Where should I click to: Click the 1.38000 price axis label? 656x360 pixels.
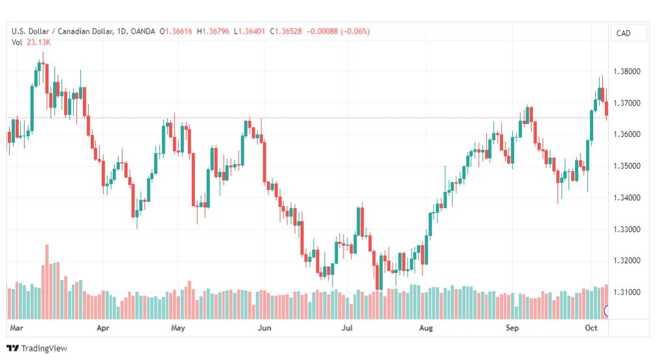click(x=627, y=71)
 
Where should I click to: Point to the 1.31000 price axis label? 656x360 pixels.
click(x=627, y=292)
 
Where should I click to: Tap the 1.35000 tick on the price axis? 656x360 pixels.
click(x=627, y=166)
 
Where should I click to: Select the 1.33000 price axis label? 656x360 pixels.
click(x=627, y=230)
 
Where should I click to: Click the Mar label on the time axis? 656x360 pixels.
click(x=16, y=328)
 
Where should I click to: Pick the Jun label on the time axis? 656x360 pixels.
click(x=264, y=328)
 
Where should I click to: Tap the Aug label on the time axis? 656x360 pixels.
click(x=426, y=328)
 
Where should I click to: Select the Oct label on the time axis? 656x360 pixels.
click(x=591, y=328)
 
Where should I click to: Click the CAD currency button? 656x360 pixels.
click(x=624, y=33)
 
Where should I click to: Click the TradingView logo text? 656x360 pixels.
click(x=44, y=348)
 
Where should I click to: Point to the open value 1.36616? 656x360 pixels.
click(x=179, y=31)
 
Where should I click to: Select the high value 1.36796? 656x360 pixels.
click(x=216, y=31)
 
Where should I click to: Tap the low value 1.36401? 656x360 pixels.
click(x=252, y=31)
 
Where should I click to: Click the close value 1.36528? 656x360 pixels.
click(x=288, y=31)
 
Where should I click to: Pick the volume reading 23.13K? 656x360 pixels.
click(x=38, y=42)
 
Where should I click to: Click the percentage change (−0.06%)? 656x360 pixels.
click(x=355, y=31)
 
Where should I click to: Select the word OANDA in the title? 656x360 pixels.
click(x=143, y=31)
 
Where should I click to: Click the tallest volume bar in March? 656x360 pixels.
click(x=47, y=282)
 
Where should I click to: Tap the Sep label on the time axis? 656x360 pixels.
click(x=512, y=328)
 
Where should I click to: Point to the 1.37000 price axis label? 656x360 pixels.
click(x=627, y=103)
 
